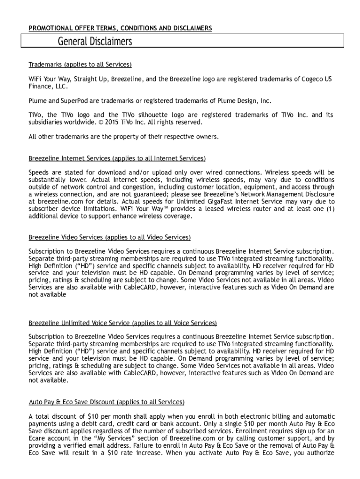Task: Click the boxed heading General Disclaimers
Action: click(95, 42)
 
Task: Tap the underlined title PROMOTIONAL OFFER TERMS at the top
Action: click(120, 29)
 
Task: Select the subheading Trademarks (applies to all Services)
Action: click(80, 65)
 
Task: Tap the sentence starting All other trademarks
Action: click(123, 137)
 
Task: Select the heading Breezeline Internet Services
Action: click(117, 159)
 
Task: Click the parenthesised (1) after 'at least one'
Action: click(329, 209)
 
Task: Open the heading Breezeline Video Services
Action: click(109, 238)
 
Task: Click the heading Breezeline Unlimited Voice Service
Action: click(122, 323)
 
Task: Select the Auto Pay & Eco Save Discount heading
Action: click(107, 402)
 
